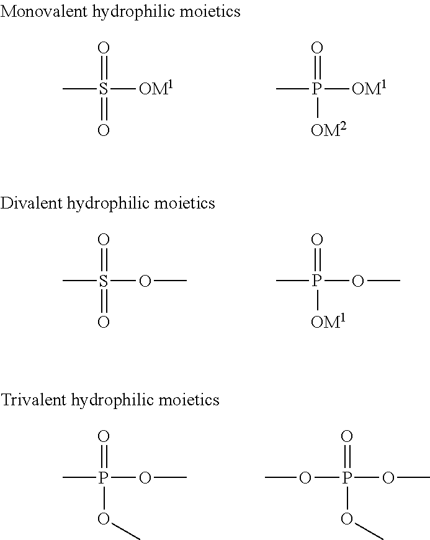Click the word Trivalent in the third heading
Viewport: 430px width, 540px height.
[x=34, y=400]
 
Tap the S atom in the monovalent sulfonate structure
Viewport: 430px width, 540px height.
[x=104, y=89]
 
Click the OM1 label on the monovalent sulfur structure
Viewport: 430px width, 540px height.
[x=155, y=89]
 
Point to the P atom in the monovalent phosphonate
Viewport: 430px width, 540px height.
[x=316, y=89]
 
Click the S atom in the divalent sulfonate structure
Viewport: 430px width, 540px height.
[x=104, y=281]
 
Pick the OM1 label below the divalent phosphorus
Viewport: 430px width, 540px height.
[x=328, y=322]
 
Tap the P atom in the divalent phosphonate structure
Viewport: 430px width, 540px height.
[x=316, y=281]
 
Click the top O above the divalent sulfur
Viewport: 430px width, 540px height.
[x=104, y=240]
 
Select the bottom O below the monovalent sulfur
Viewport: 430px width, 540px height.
[x=104, y=130]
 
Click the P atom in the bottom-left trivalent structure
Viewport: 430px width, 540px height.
[x=104, y=477]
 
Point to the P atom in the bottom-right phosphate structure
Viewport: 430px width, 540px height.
[x=347, y=477]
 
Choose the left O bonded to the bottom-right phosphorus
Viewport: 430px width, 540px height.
[x=305, y=477]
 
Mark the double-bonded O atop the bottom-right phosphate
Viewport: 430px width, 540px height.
[x=347, y=436]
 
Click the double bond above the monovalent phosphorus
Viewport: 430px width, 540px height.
[x=316, y=69]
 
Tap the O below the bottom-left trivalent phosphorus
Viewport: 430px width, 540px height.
[x=104, y=518]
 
